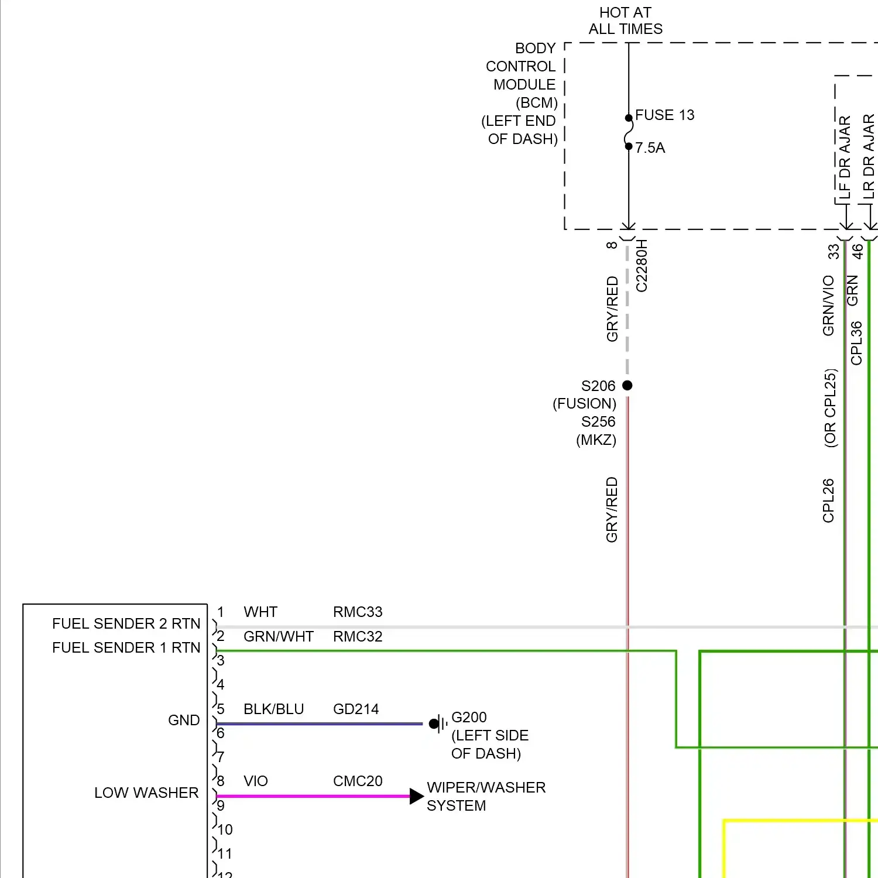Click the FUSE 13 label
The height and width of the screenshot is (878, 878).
tap(664, 115)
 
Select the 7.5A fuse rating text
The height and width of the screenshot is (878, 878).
tap(650, 148)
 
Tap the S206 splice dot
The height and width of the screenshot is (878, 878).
tap(627, 385)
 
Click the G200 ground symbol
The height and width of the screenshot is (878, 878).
tap(438, 724)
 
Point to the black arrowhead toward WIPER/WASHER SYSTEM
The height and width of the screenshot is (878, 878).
tap(416, 796)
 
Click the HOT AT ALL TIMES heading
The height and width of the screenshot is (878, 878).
tap(625, 20)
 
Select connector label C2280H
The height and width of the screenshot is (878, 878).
tap(642, 266)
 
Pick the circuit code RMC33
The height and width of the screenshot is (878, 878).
tap(358, 612)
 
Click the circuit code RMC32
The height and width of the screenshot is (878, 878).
tap(358, 636)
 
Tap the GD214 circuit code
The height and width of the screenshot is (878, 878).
tap(356, 709)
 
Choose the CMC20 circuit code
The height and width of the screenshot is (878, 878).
tap(358, 781)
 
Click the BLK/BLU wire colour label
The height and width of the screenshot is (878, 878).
tap(273, 709)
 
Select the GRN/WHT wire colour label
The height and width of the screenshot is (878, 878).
tap(279, 636)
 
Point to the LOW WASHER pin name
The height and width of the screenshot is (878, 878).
tap(146, 793)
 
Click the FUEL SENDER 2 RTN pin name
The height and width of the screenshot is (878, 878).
tap(126, 623)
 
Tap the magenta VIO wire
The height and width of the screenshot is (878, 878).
tap(310, 796)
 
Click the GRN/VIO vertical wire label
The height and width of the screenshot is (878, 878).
tap(828, 306)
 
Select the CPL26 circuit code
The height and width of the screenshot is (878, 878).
tap(828, 500)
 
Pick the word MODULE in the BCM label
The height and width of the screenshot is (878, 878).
tap(524, 84)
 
